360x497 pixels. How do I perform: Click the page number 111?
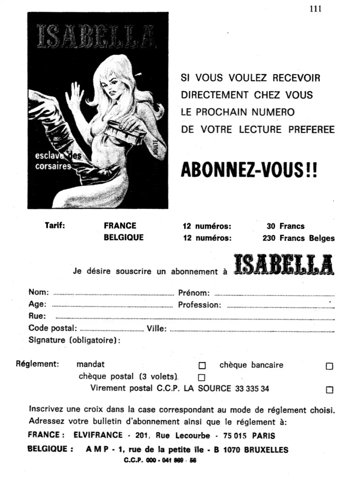pos(315,9)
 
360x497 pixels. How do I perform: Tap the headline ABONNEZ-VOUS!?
pos(249,170)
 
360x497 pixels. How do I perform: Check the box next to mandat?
pos(202,366)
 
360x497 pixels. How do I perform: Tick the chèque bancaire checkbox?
pos(329,366)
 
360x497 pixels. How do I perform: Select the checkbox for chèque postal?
pos(202,378)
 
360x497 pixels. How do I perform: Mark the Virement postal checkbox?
pos(330,390)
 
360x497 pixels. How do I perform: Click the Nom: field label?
pos(38,292)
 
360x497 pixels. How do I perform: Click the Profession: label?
pos(199,305)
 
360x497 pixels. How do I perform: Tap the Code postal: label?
pos(52,328)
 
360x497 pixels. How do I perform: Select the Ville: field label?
pos(157,329)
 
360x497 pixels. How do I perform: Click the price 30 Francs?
pos(285,226)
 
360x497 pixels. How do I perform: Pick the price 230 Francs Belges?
pos(298,238)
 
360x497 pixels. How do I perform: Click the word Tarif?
pos(55,226)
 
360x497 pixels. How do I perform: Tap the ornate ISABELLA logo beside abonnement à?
pos(284,265)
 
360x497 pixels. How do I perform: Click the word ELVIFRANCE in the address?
pos(98,435)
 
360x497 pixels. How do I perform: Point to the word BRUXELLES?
pos(266,450)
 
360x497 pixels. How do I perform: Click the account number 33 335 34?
pos(252,389)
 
